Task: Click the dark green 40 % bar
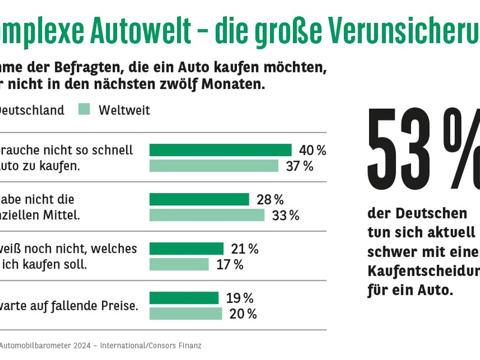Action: tap(220, 150)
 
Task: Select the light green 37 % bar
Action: tap(214, 166)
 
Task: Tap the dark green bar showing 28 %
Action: tap(199, 199)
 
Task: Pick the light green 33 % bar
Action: tap(207, 215)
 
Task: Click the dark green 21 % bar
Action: tap(186, 248)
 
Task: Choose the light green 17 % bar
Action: tap(179, 265)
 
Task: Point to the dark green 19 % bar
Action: tap(184, 298)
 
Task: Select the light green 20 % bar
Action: tap(185, 314)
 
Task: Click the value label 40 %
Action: tap(313, 151)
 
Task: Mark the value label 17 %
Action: tap(230, 265)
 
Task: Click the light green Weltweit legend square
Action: tap(85, 110)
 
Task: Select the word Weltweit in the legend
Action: tap(124, 110)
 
